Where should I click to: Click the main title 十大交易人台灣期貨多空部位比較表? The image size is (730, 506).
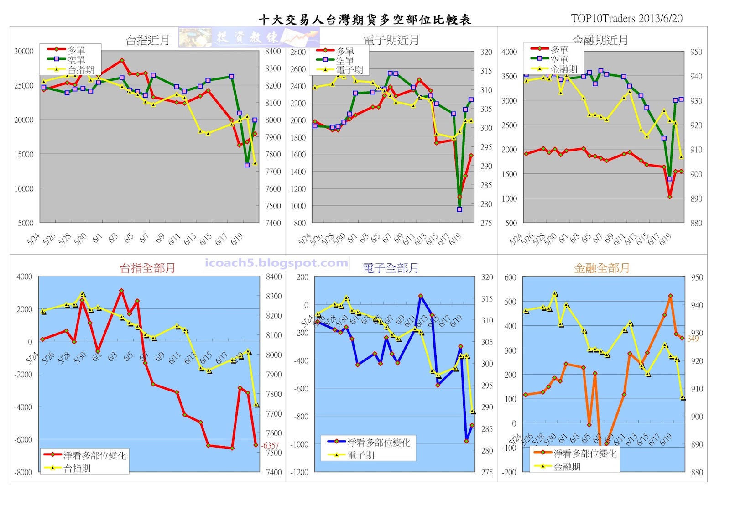click(x=365, y=20)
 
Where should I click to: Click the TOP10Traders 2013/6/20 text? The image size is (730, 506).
click(x=626, y=18)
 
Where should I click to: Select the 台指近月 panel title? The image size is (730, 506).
click(x=147, y=40)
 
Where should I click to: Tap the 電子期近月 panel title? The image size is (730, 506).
click(x=391, y=40)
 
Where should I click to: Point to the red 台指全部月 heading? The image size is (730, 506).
click(x=147, y=268)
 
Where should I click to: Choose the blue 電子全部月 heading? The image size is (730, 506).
click(x=391, y=268)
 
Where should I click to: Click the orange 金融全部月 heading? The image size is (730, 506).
click(x=601, y=268)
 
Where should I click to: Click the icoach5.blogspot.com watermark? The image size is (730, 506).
click(x=276, y=263)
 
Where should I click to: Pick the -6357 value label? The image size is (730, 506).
click(x=270, y=445)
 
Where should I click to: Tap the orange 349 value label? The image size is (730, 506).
click(x=693, y=339)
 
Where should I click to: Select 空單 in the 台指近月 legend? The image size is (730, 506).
click(x=76, y=60)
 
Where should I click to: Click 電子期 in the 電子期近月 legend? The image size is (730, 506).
click(x=349, y=70)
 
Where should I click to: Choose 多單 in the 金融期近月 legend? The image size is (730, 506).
click(x=559, y=49)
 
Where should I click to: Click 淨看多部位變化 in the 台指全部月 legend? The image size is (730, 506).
click(x=95, y=455)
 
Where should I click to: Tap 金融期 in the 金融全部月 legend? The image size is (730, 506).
click(x=567, y=466)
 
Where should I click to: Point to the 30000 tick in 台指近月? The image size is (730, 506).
click(x=24, y=51)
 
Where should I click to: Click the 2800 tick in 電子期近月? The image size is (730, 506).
click(x=298, y=52)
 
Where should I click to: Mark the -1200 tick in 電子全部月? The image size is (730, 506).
click(x=299, y=472)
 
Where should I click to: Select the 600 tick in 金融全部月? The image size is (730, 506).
click(x=510, y=277)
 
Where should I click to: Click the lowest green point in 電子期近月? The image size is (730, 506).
click(x=459, y=209)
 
